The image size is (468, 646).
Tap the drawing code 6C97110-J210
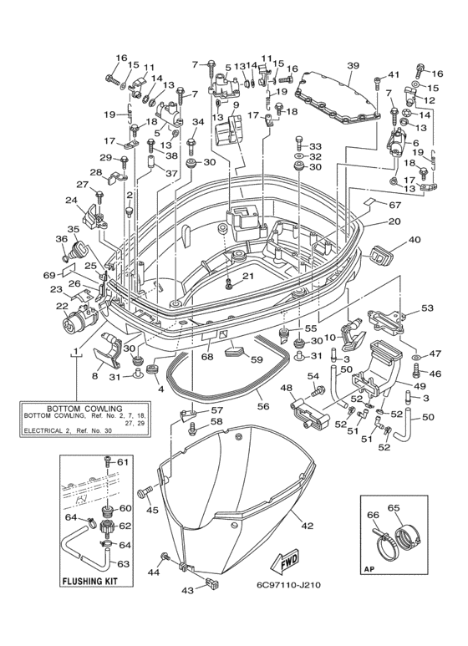(288, 585)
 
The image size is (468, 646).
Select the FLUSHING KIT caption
(89, 582)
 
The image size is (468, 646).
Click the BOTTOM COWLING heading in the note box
(84, 409)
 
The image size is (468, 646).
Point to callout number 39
(353, 65)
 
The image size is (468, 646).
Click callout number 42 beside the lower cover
(308, 526)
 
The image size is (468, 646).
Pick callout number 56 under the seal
(263, 406)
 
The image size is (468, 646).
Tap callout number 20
(394, 221)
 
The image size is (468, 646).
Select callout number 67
(394, 205)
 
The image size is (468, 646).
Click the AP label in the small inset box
(368, 570)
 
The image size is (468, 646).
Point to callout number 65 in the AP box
(394, 507)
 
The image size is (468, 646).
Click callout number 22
(62, 306)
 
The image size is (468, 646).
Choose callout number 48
(287, 388)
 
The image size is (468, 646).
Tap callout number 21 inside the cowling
(247, 276)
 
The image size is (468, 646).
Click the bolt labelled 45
(145, 491)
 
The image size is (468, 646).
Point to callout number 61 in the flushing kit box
(123, 462)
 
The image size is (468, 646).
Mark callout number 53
(427, 308)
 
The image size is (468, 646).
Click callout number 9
(235, 105)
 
